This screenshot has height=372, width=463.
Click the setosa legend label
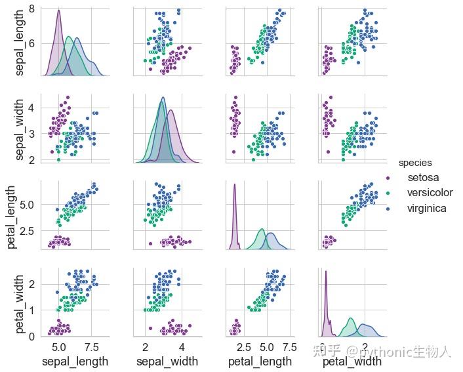(423, 178)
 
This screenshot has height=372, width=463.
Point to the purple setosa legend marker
(388, 178)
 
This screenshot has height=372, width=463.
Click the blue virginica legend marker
(388, 209)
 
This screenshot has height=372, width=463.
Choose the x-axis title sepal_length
(75, 362)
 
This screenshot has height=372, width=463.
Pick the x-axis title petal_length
(258, 362)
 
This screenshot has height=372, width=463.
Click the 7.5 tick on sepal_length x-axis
(92, 346)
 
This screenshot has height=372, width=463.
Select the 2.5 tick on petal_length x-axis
(243, 346)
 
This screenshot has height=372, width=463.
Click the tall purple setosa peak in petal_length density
(234, 186)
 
